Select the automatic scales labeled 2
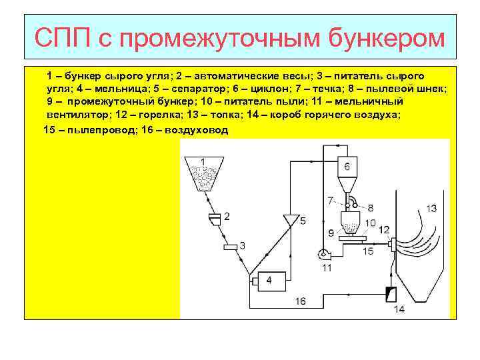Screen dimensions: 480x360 [x=215, y=217]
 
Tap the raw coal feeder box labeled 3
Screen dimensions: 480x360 [x=231, y=247]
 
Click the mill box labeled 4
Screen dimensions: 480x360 [x=268, y=281]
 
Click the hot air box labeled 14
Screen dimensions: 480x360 [x=391, y=293]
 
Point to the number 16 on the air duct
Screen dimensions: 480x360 [x=301, y=301]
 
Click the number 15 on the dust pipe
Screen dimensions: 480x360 [x=368, y=252]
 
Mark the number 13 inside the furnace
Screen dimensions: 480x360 [x=431, y=209]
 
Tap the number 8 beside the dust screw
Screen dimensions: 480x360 [x=371, y=207]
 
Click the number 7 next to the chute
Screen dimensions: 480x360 [x=331, y=200]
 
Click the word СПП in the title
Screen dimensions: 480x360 [x=64, y=38]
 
